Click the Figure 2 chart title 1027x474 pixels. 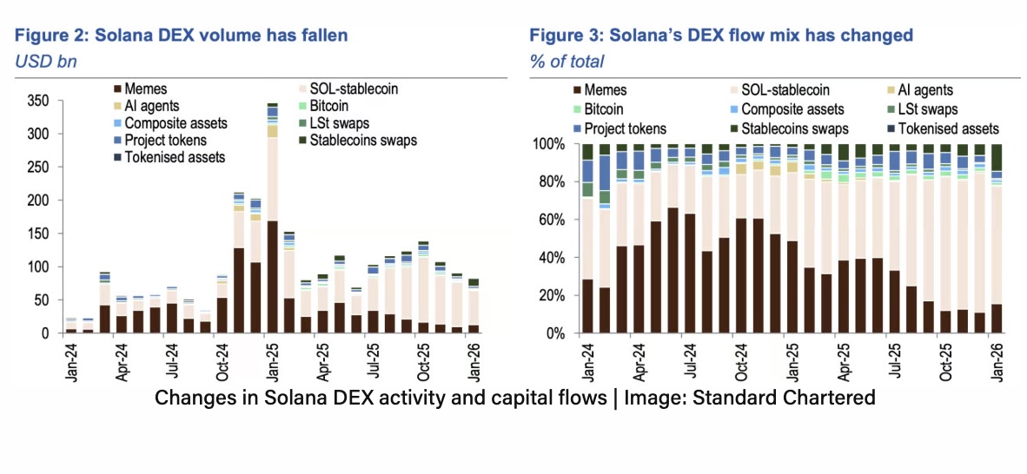pos(182,36)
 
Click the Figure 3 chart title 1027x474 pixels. pos(721,36)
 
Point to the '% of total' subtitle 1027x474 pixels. pos(567,61)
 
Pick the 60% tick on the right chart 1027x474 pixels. pos(554,221)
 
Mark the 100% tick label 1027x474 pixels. pos(551,145)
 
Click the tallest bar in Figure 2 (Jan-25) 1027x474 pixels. pos(272,217)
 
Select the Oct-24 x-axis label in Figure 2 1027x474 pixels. pos(222,363)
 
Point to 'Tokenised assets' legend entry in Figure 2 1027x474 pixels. pos(175,157)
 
